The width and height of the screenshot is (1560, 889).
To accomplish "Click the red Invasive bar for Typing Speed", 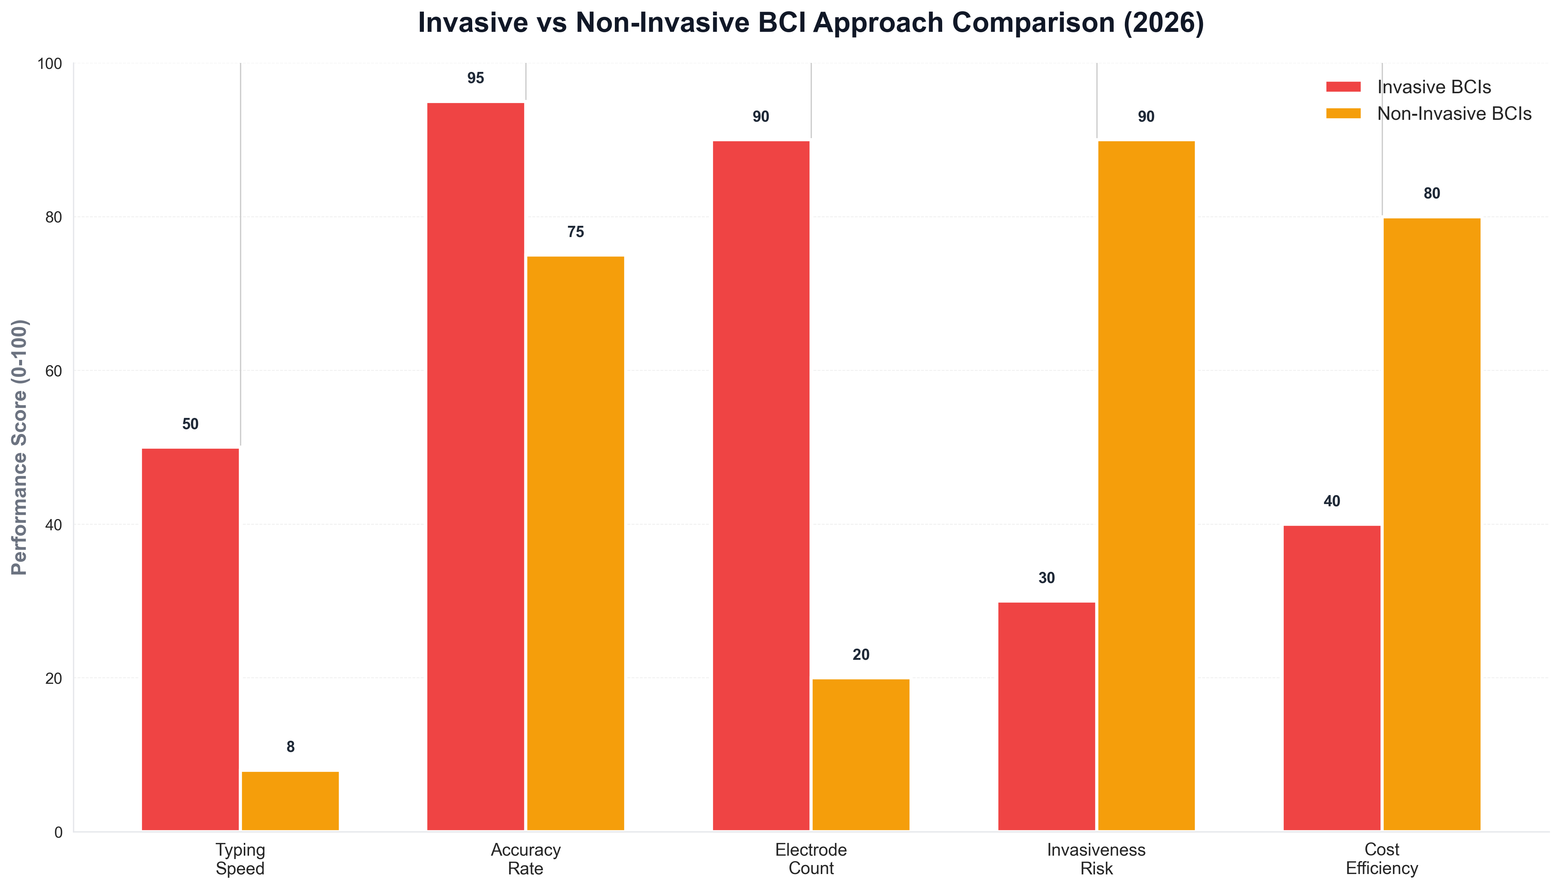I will [x=190, y=639].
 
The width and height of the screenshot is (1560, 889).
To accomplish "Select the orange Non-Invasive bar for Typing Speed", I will [x=290, y=801].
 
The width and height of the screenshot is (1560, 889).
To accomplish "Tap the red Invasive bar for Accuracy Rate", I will [x=475, y=467].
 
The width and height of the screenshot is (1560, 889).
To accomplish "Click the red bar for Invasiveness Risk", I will [x=1046, y=716].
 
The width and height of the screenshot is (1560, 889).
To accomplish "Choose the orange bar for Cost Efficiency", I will [x=1431, y=524].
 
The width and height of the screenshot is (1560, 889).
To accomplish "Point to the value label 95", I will [x=475, y=78].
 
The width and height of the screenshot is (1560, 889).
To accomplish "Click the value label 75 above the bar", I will [x=575, y=232].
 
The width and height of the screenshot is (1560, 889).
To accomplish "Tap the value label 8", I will [x=290, y=747].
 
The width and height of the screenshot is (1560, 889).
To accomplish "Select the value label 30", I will [x=1046, y=578].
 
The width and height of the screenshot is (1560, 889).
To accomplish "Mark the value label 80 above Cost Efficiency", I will [x=1431, y=194].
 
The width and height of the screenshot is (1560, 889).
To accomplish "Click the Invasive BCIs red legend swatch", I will [x=1343, y=87].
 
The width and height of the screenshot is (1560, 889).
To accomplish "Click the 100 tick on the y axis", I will [x=50, y=64].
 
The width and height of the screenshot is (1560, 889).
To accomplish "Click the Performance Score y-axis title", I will [x=19, y=447].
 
